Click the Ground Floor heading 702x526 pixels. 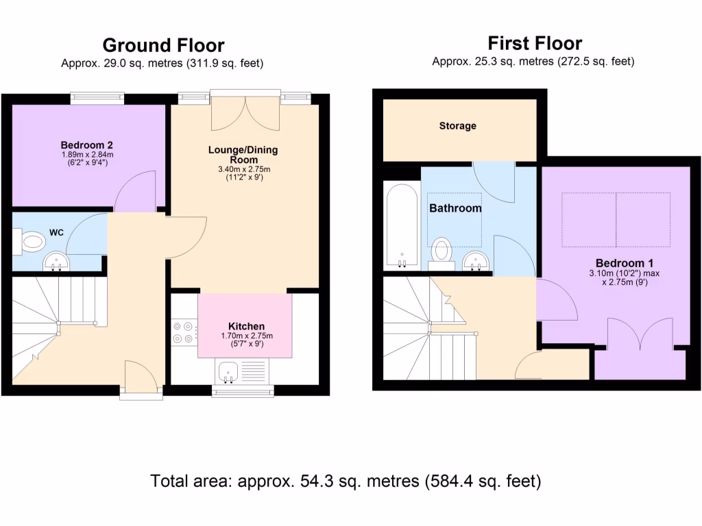(163, 45)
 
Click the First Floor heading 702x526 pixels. (535, 44)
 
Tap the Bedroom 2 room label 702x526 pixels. (86, 145)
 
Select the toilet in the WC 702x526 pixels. (32, 241)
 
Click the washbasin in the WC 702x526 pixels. (56, 261)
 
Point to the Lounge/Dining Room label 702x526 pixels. (244, 154)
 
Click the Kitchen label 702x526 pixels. (246, 326)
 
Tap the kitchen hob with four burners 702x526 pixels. (183, 332)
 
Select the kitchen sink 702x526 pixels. (229, 373)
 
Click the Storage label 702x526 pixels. (458, 126)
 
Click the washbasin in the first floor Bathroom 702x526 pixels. (476, 260)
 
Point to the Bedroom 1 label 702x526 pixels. (620, 263)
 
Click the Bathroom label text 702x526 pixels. (455, 208)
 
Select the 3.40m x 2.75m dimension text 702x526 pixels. (244, 169)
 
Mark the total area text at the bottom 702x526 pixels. (346, 481)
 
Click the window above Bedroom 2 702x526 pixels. (97, 98)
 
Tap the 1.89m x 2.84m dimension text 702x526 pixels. (86, 155)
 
